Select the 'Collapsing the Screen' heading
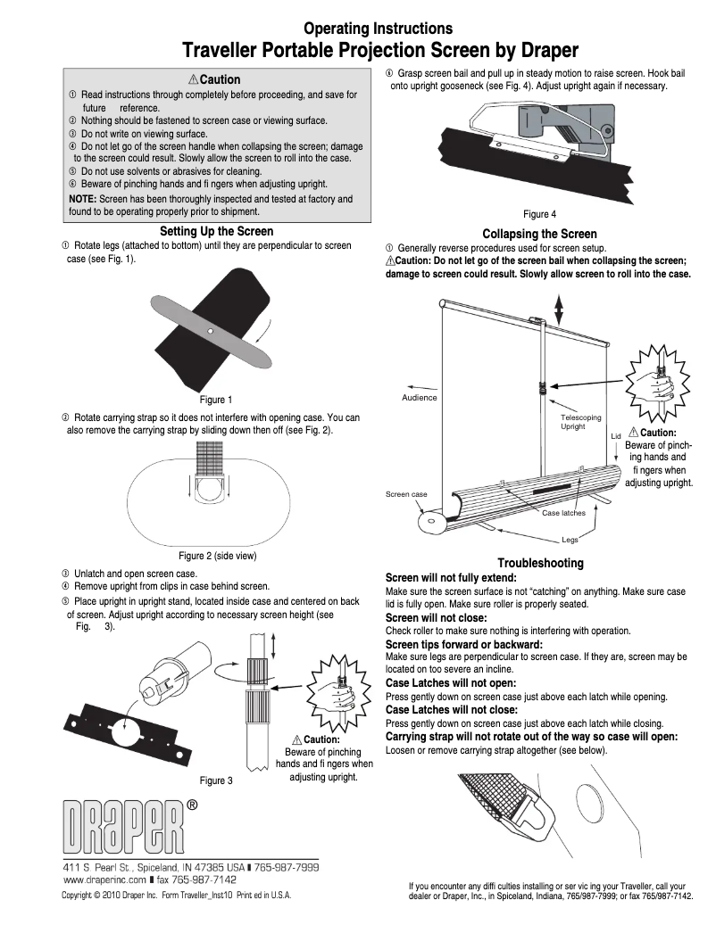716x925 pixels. tap(539, 234)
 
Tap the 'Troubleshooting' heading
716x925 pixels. tap(540, 563)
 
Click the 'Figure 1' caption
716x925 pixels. tap(216, 400)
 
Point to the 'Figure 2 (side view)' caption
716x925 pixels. tap(218, 556)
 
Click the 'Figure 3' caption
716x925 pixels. tap(216, 780)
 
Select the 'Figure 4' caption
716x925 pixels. tap(540, 214)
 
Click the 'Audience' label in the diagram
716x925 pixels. tap(420, 397)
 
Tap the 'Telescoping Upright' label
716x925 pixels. tap(580, 422)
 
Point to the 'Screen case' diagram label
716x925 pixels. tap(406, 494)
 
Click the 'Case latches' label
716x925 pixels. tap(563, 513)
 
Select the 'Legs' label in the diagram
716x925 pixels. tap(570, 540)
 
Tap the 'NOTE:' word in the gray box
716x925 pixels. tap(83, 199)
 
